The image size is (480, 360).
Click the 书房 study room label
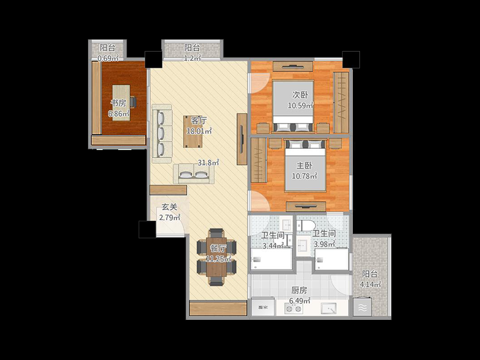point(118,103)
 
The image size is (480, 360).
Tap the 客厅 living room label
point(199,121)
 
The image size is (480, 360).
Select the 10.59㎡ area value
point(301,106)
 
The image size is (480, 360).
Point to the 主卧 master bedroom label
point(304,166)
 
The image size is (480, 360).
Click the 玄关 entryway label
point(169,207)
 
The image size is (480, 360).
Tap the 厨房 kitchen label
point(299,290)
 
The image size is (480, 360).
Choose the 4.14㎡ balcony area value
point(370,284)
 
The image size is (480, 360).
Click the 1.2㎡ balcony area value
point(192,58)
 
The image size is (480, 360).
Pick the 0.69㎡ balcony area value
point(108,58)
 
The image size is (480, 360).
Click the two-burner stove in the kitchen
point(293,309)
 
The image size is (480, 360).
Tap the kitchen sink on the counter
point(328,308)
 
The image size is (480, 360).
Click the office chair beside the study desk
point(133,102)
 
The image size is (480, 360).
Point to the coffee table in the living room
point(193,131)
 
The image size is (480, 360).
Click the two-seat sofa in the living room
point(193,173)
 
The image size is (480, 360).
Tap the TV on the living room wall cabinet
point(242,139)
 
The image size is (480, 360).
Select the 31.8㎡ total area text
point(208,163)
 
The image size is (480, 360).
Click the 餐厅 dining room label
point(218,248)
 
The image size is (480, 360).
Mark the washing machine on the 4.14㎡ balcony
point(362,307)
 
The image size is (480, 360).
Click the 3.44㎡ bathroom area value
point(274,245)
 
